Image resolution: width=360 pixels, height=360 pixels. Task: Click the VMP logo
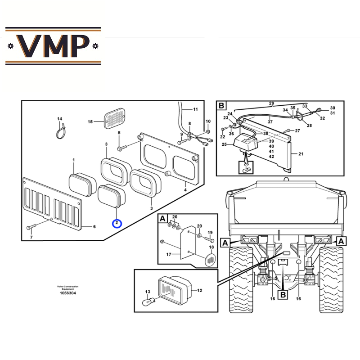[53, 46]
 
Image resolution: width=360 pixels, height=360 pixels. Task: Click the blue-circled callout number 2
[117, 223]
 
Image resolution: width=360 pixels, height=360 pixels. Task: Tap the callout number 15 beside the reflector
[90, 121]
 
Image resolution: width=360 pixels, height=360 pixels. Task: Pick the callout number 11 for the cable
[195, 110]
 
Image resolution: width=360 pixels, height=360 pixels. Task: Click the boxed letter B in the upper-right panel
[221, 106]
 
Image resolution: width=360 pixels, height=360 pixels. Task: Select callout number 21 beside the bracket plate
[301, 154]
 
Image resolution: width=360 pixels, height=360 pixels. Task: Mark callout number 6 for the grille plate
[94, 226]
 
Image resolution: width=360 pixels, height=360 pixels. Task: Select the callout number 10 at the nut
[208, 121]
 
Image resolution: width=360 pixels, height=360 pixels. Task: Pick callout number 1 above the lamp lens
[74, 160]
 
